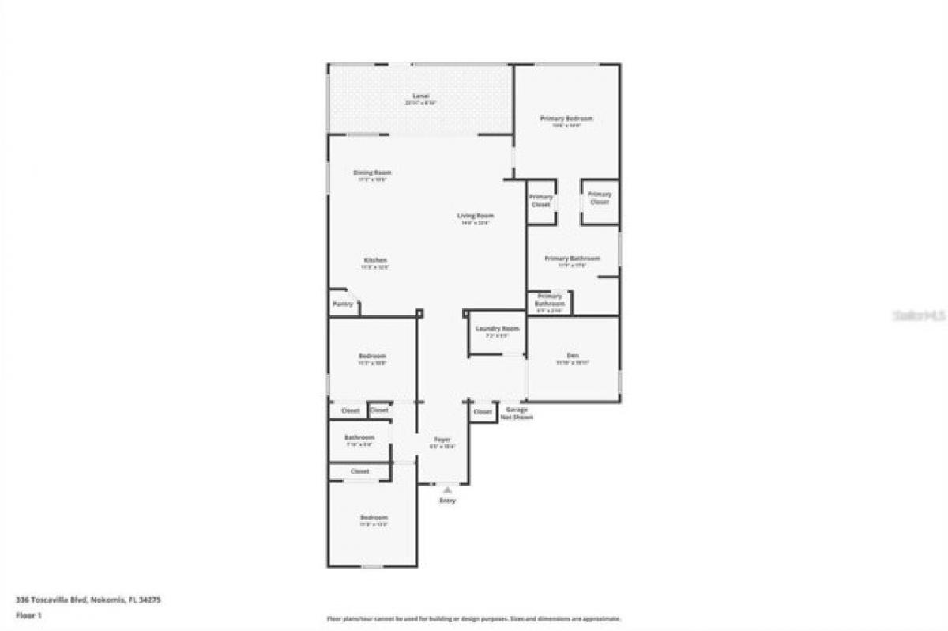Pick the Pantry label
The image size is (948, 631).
pyautogui.click(x=343, y=304)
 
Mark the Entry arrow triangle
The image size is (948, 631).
pyautogui.click(x=447, y=490)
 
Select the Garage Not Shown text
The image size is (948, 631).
pyautogui.click(x=517, y=413)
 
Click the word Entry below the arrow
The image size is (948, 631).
pyautogui.click(x=447, y=501)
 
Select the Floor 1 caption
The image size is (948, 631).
pyautogui.click(x=28, y=614)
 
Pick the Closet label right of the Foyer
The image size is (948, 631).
pyautogui.click(x=482, y=412)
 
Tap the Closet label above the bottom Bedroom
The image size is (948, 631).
pyautogui.click(x=359, y=471)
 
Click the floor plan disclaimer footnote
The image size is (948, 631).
pyautogui.click(x=474, y=618)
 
